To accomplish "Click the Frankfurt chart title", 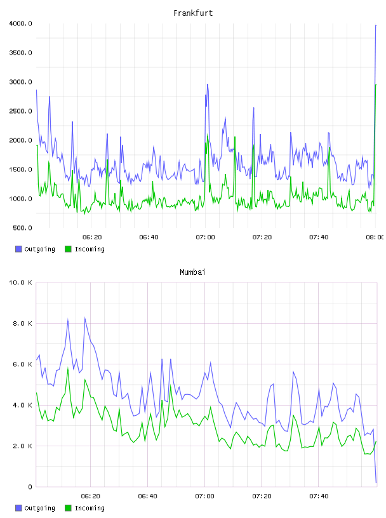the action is coord(193,13).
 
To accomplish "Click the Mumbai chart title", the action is coord(192,272).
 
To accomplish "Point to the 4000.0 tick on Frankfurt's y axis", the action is coord(20,23).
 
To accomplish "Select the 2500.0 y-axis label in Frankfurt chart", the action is coord(20,111).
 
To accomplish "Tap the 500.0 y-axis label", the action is coord(22,228).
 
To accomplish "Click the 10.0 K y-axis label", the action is coord(20,282).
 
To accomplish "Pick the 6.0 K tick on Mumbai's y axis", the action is coord(22,364).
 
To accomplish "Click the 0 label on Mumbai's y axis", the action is coord(30,487).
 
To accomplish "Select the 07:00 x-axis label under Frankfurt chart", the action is coord(205,237).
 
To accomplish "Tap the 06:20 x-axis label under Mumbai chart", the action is coord(91,496).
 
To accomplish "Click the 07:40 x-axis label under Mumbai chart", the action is coord(319,496).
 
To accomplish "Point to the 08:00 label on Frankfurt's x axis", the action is coord(375,237).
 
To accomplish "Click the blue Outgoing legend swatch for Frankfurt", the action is coord(18,249).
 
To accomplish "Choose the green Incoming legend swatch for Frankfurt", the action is coord(68,249).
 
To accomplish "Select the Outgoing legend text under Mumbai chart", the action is coord(39,508).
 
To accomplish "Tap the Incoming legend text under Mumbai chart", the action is coord(90,508).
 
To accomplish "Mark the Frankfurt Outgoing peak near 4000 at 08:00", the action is coord(376,25).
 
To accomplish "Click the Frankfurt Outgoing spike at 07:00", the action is coord(208,84).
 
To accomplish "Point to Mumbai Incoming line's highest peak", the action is coord(68,368).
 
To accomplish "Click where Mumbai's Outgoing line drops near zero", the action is coord(376,482).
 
